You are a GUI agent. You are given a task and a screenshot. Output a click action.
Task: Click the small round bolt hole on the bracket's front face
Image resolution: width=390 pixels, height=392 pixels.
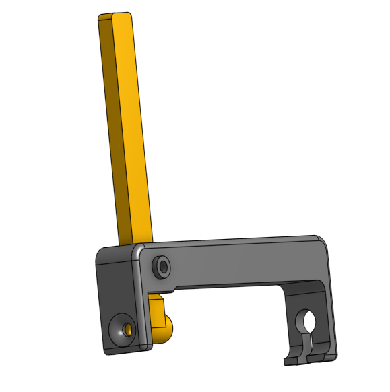tap(162, 266)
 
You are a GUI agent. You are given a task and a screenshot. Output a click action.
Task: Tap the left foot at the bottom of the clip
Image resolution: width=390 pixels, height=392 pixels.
tap(294, 357)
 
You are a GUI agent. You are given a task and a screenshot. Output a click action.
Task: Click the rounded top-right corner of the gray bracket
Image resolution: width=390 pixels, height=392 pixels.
tap(322, 242)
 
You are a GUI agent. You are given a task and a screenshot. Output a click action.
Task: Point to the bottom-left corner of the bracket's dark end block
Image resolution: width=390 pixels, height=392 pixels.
tap(106, 351)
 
